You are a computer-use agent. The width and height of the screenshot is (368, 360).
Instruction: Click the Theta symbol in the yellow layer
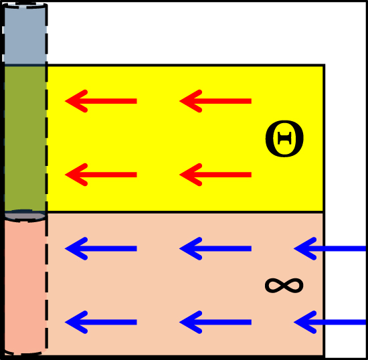click(x=284, y=139)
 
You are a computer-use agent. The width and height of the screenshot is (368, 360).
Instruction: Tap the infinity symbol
click(x=284, y=286)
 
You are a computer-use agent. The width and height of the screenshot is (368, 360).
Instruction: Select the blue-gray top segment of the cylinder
click(x=25, y=34)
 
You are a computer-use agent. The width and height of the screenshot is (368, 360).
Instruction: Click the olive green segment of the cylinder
click(x=25, y=138)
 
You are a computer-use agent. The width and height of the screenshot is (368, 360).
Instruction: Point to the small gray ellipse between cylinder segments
click(x=25, y=215)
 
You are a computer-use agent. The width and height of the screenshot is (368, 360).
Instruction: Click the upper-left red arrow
click(x=100, y=101)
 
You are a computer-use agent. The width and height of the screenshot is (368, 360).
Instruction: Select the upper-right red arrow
click(x=215, y=101)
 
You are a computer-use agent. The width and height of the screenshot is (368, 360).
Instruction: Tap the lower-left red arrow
click(x=100, y=175)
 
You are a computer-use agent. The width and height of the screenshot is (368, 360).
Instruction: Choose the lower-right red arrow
click(x=215, y=175)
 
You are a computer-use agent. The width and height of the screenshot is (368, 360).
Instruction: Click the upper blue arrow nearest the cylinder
click(x=100, y=248)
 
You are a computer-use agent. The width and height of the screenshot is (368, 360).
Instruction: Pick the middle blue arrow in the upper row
click(x=215, y=248)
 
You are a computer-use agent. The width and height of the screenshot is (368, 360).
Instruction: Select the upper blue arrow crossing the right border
click(x=330, y=248)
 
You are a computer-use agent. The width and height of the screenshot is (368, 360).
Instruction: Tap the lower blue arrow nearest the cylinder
click(x=100, y=322)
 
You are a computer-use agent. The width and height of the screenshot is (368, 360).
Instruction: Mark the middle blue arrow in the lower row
click(x=215, y=322)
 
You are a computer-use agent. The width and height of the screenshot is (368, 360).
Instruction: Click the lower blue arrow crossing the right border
click(x=330, y=322)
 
